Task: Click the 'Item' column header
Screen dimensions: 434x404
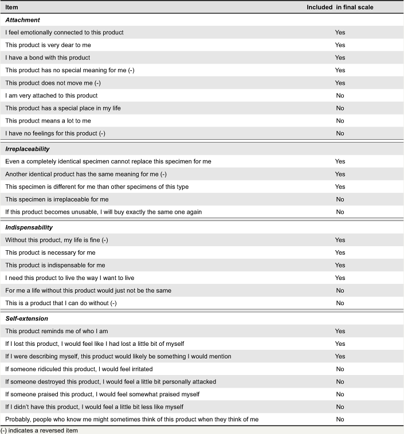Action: (12, 7)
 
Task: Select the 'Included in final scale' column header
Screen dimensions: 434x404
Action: (340, 7)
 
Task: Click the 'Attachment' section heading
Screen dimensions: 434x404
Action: (22, 20)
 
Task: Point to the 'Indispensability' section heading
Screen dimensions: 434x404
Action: (29, 227)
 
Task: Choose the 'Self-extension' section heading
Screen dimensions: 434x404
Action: (26, 318)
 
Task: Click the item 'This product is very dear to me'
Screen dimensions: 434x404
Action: (48, 45)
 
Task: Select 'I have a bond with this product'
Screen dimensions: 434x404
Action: (48, 58)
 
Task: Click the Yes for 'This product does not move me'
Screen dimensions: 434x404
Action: (340, 83)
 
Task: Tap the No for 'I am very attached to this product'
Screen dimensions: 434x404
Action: (340, 96)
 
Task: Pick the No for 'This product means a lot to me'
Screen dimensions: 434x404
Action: (340, 121)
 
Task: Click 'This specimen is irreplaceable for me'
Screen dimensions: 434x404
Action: (57, 199)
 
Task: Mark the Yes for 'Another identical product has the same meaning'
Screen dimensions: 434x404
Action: (340, 174)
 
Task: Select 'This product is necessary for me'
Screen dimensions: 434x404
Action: (50, 252)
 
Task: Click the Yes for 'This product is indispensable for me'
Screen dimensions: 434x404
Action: (340, 265)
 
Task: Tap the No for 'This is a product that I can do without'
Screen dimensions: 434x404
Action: (340, 303)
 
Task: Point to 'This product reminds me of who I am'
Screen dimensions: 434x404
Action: (56, 331)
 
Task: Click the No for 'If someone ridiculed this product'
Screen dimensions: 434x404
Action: (340, 369)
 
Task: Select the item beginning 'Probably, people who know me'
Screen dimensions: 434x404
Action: (132, 419)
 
